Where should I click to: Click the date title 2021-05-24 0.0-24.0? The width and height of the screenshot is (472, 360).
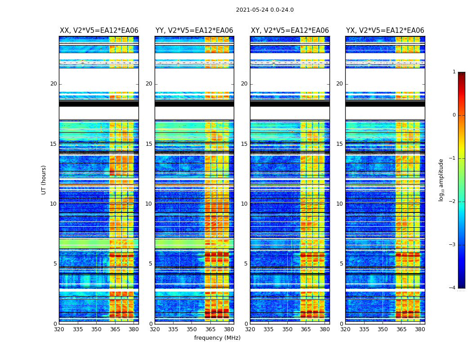click(x=265, y=10)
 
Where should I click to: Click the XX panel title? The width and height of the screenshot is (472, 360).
click(x=99, y=31)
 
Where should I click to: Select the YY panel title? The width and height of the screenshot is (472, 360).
click(x=194, y=31)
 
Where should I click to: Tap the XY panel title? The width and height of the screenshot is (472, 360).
click(x=289, y=31)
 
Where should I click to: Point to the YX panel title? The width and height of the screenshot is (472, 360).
click(x=385, y=31)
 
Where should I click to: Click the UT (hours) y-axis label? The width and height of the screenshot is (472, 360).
click(x=44, y=180)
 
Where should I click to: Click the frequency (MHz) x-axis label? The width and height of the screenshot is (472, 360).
click(x=217, y=338)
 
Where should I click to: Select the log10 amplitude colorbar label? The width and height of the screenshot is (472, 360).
click(x=441, y=180)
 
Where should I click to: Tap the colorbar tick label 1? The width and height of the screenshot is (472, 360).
click(x=454, y=72)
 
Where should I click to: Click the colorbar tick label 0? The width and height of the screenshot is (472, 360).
click(x=454, y=115)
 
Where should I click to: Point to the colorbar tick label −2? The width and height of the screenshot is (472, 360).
click(x=453, y=202)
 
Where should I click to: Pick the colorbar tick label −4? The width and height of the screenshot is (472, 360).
click(x=453, y=288)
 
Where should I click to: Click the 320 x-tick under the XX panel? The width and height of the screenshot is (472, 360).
click(x=59, y=329)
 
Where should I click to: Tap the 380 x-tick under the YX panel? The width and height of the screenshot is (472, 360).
click(x=420, y=329)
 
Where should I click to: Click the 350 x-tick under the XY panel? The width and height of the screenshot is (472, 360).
click(x=287, y=329)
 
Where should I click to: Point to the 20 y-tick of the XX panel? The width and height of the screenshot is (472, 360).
click(x=53, y=84)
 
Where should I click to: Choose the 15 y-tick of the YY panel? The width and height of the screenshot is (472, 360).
click(x=149, y=144)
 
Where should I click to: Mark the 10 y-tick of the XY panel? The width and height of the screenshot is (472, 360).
click(x=244, y=204)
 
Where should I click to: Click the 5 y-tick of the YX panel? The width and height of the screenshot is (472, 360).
click(x=341, y=264)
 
